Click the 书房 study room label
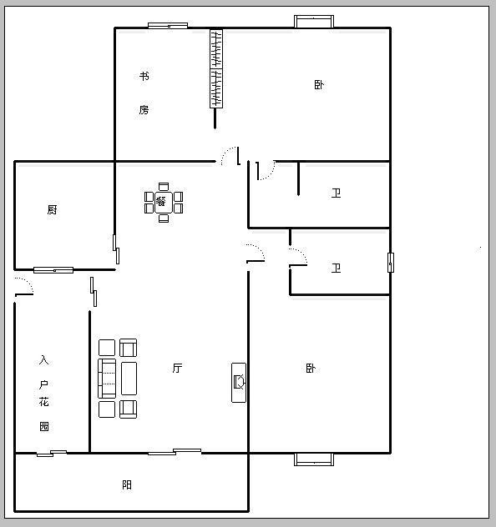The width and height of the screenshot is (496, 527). [144, 93]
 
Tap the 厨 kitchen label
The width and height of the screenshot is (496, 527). [52, 210]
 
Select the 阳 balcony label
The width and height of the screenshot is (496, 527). [127, 484]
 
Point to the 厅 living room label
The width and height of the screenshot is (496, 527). [177, 368]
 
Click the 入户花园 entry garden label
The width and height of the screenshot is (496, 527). [43, 393]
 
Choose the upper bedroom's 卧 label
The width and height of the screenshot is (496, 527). [319, 85]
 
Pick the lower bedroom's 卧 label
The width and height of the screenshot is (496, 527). [311, 368]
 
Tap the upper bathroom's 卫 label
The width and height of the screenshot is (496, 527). [336, 193]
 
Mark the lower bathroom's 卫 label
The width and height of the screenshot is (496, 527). [336, 269]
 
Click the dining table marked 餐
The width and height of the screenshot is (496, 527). [164, 203]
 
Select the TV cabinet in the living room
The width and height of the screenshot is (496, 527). [239, 383]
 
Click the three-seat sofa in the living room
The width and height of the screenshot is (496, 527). [107, 379]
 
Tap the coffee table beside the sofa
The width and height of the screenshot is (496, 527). [129, 379]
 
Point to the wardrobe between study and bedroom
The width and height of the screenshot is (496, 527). [216, 68]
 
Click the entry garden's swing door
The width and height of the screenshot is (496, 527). [24, 287]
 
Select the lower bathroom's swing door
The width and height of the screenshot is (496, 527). [298, 258]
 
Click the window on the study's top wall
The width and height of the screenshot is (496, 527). [168, 25]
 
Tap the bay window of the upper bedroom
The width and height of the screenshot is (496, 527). [314, 22]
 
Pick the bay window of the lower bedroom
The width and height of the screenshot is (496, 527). [314, 459]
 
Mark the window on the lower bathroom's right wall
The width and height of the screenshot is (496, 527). [391, 263]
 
